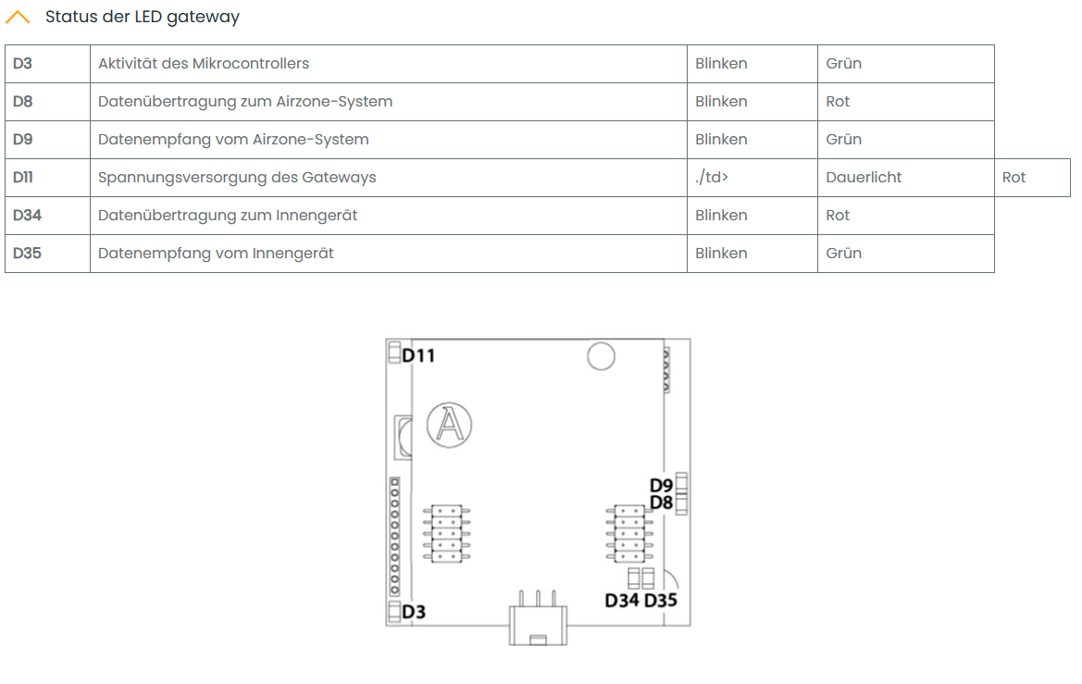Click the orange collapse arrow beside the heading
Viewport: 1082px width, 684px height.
tap(18, 17)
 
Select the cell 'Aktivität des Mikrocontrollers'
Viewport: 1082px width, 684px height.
tap(204, 64)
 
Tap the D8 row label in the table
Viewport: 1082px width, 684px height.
tap(23, 102)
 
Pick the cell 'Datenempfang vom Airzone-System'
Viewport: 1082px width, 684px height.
tap(233, 140)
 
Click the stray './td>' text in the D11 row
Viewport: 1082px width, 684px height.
tap(712, 178)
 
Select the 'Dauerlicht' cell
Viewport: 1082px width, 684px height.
tap(864, 178)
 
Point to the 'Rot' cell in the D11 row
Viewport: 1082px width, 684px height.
tap(1014, 178)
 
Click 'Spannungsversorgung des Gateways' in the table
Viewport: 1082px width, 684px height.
tap(237, 178)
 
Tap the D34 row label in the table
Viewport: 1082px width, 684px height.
tap(27, 216)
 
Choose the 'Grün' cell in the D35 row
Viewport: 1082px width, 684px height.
tap(843, 254)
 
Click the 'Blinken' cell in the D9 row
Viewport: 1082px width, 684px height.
tap(721, 140)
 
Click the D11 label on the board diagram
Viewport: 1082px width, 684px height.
tap(418, 355)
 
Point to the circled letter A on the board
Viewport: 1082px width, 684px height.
tap(449, 425)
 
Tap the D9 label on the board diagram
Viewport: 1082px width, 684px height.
tap(661, 485)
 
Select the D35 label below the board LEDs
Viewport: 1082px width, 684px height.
tap(661, 601)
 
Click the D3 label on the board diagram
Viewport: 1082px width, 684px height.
tap(414, 612)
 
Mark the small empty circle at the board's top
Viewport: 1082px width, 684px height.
tap(601, 355)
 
